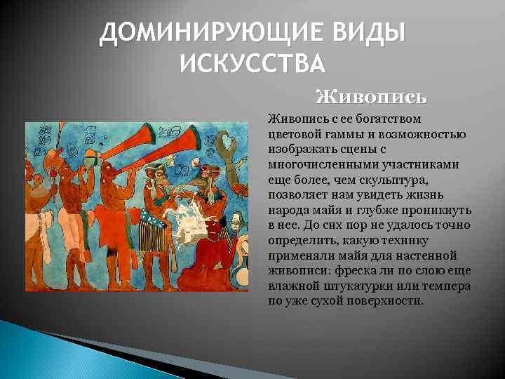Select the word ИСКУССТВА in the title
(x=252, y=64)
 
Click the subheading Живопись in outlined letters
(x=371, y=95)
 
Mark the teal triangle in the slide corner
(x=42, y=351)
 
